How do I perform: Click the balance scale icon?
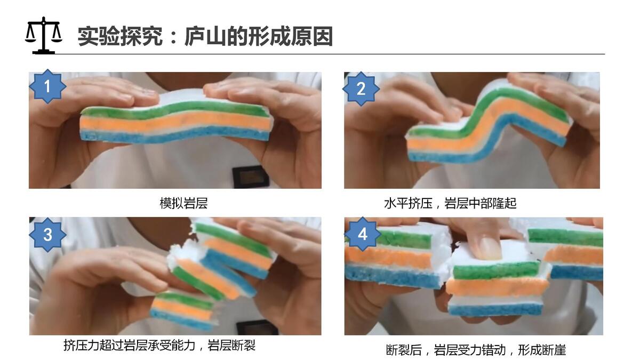click(43, 35)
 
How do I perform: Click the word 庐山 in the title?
click(206, 37)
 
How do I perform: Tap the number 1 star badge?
click(47, 86)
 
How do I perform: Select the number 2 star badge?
click(361, 89)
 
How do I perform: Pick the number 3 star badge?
click(47, 235)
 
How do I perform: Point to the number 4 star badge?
click(363, 234)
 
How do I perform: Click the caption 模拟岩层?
click(183, 203)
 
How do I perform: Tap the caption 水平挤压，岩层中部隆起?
click(450, 203)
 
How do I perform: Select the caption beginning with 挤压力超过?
click(159, 345)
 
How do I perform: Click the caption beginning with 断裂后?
click(476, 350)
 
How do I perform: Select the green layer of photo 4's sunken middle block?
click(497, 270)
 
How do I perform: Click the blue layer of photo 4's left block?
click(394, 277)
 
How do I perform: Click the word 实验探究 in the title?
click(120, 37)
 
